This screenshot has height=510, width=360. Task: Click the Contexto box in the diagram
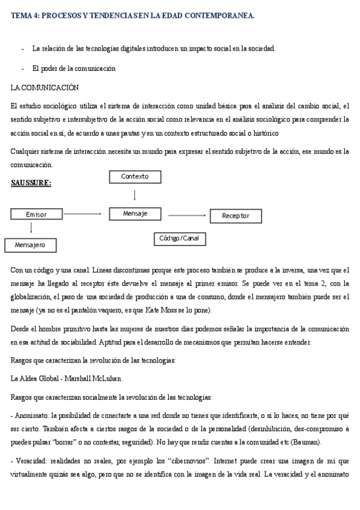coord(135,177)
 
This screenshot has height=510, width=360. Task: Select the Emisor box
coord(36,214)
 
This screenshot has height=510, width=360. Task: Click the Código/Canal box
coord(179,239)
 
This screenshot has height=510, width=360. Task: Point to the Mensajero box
coord(31,245)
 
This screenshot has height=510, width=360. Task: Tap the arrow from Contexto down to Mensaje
coord(135,195)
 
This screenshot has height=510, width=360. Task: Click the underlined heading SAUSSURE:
coord(31,182)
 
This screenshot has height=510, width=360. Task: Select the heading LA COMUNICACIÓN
coord(45,88)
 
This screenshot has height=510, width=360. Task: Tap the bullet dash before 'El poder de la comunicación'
coord(22,69)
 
